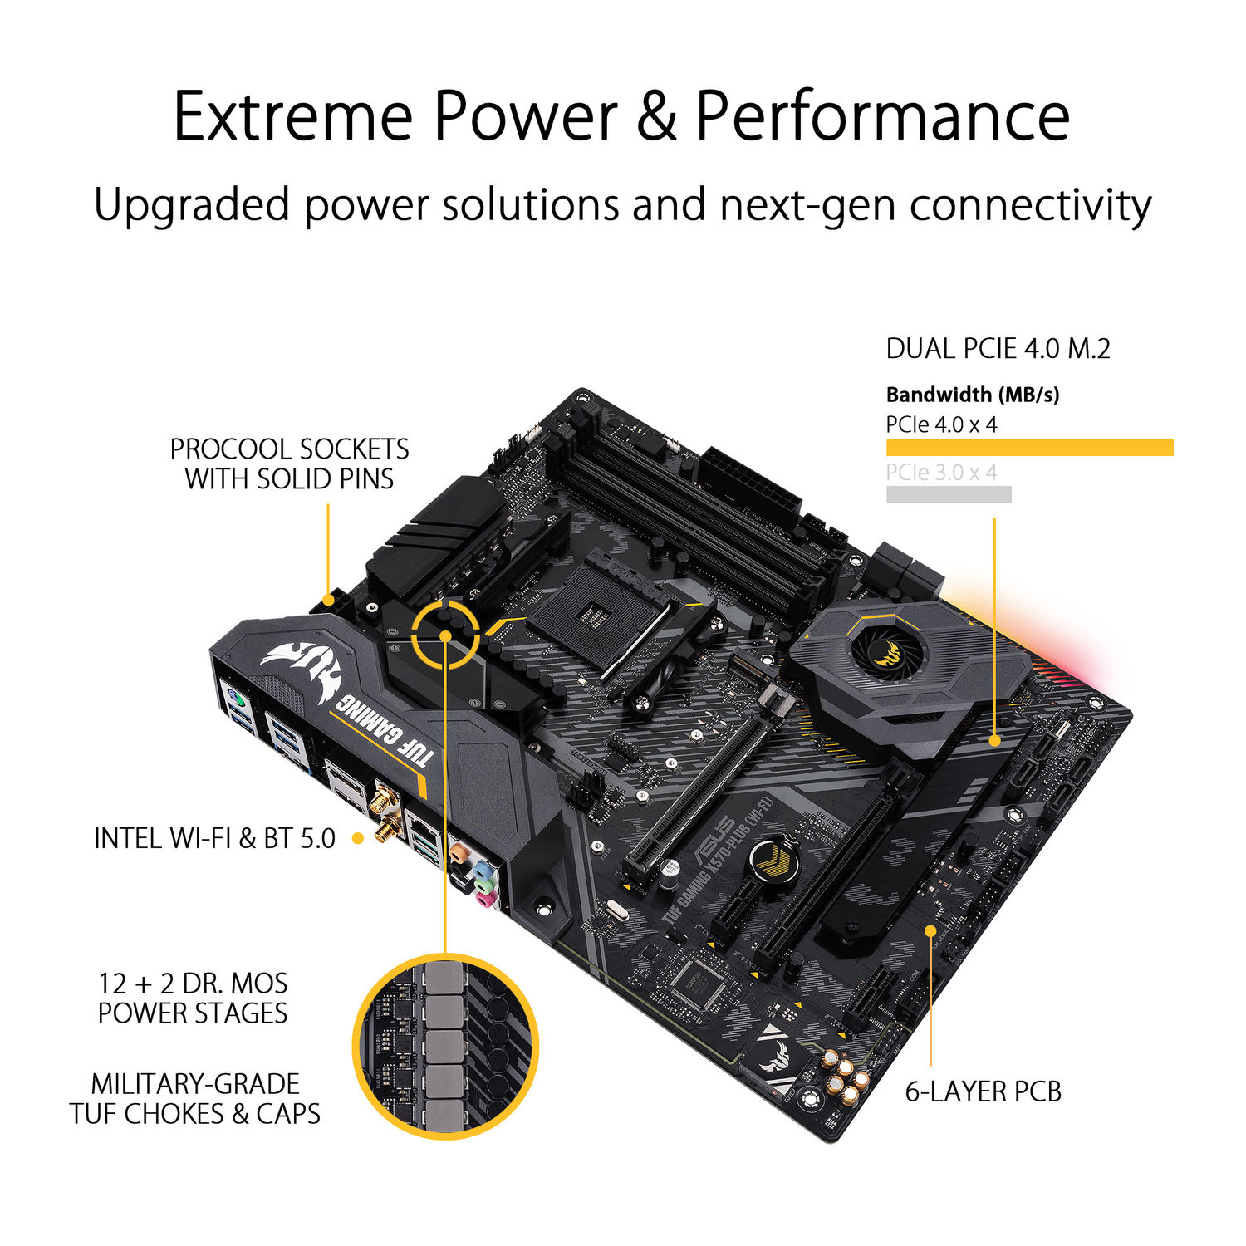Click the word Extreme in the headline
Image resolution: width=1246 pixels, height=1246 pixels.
click(x=292, y=116)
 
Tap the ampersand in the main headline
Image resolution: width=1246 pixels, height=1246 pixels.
click(x=656, y=116)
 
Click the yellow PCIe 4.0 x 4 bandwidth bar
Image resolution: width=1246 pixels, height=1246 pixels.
click(x=1029, y=448)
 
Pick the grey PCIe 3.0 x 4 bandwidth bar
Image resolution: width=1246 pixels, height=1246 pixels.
click(x=949, y=494)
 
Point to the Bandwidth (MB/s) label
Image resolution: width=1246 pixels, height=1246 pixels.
click(x=973, y=395)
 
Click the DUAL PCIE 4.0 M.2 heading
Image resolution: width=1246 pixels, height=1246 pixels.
click(x=998, y=349)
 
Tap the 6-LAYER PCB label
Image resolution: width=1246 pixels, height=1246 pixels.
click(x=983, y=1091)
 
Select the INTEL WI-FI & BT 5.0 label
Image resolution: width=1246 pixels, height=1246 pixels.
click(x=214, y=839)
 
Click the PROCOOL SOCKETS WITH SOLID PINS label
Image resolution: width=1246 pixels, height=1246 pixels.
click(x=289, y=464)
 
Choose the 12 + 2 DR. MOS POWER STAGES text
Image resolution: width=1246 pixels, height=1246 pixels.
click(x=193, y=998)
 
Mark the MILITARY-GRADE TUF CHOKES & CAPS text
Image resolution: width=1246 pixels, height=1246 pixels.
click(x=195, y=1098)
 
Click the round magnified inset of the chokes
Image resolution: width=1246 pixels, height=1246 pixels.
click(x=446, y=1047)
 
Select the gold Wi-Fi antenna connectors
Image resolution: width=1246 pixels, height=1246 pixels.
click(x=384, y=814)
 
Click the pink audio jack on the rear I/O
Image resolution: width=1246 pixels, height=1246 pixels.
click(x=484, y=898)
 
